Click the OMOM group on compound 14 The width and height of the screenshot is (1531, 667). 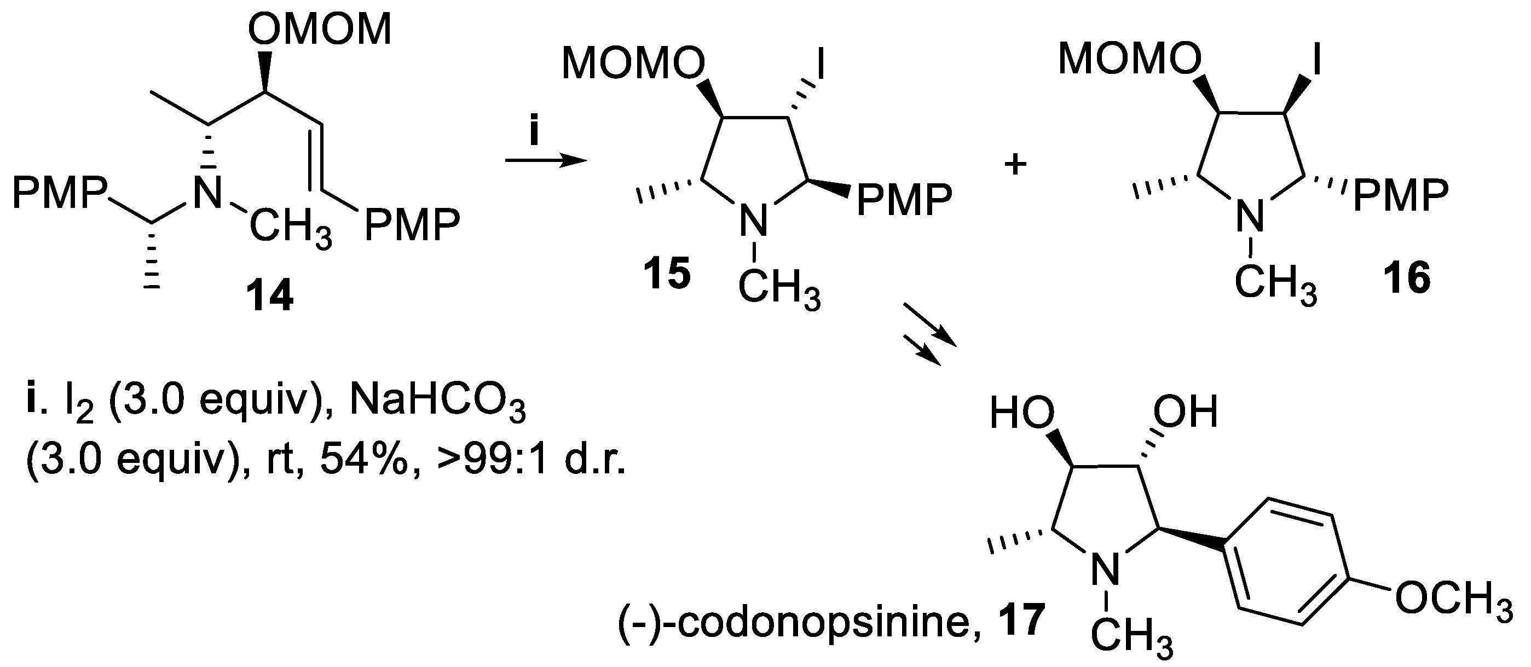pos(320,30)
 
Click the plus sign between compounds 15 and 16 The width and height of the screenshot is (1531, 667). pos(1016,165)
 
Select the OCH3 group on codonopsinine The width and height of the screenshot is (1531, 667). pos(1453,599)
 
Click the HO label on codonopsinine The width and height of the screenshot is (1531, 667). pos(1021,412)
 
